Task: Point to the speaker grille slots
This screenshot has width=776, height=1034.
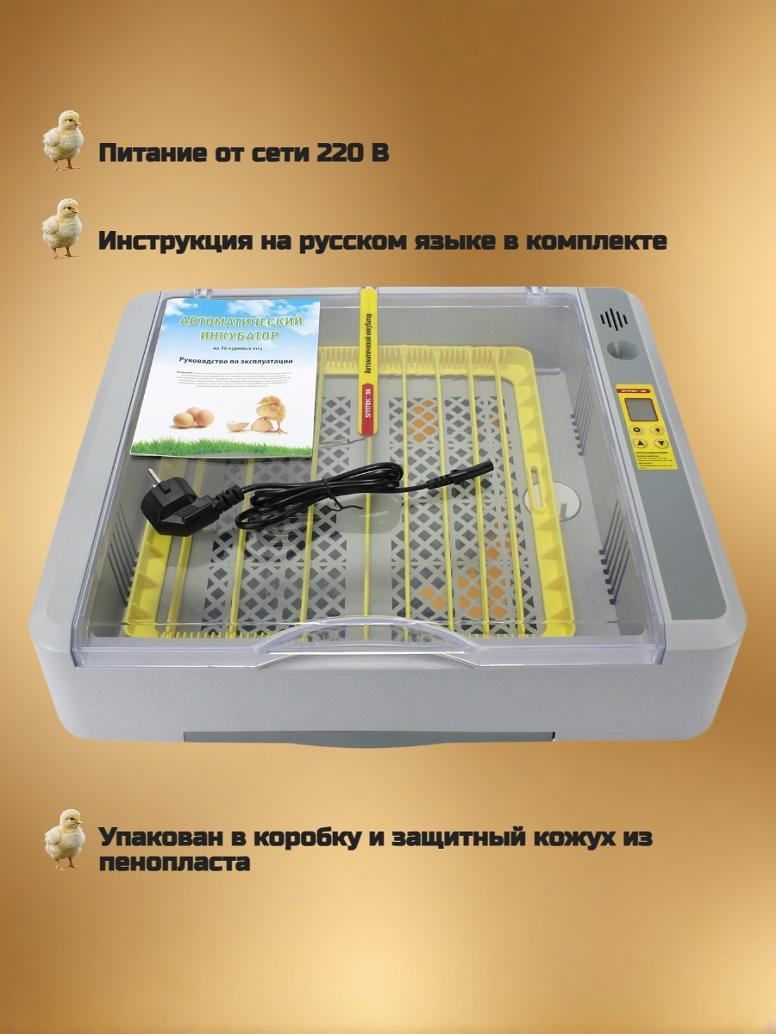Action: click(614, 320)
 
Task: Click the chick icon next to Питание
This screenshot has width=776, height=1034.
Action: click(63, 140)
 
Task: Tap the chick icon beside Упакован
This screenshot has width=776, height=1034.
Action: click(64, 838)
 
